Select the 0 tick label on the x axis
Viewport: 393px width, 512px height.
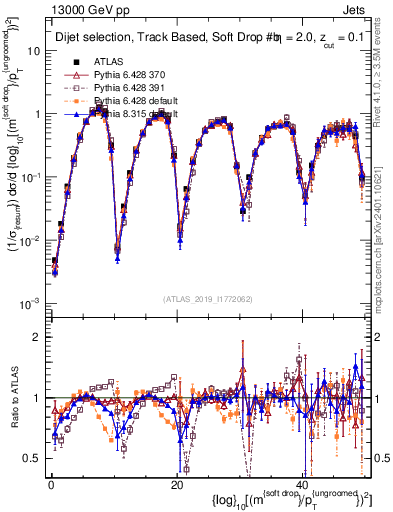click(x=50, y=484)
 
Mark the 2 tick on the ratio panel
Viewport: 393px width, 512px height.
click(x=38, y=335)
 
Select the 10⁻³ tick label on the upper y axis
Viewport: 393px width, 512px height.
click(x=31, y=303)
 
